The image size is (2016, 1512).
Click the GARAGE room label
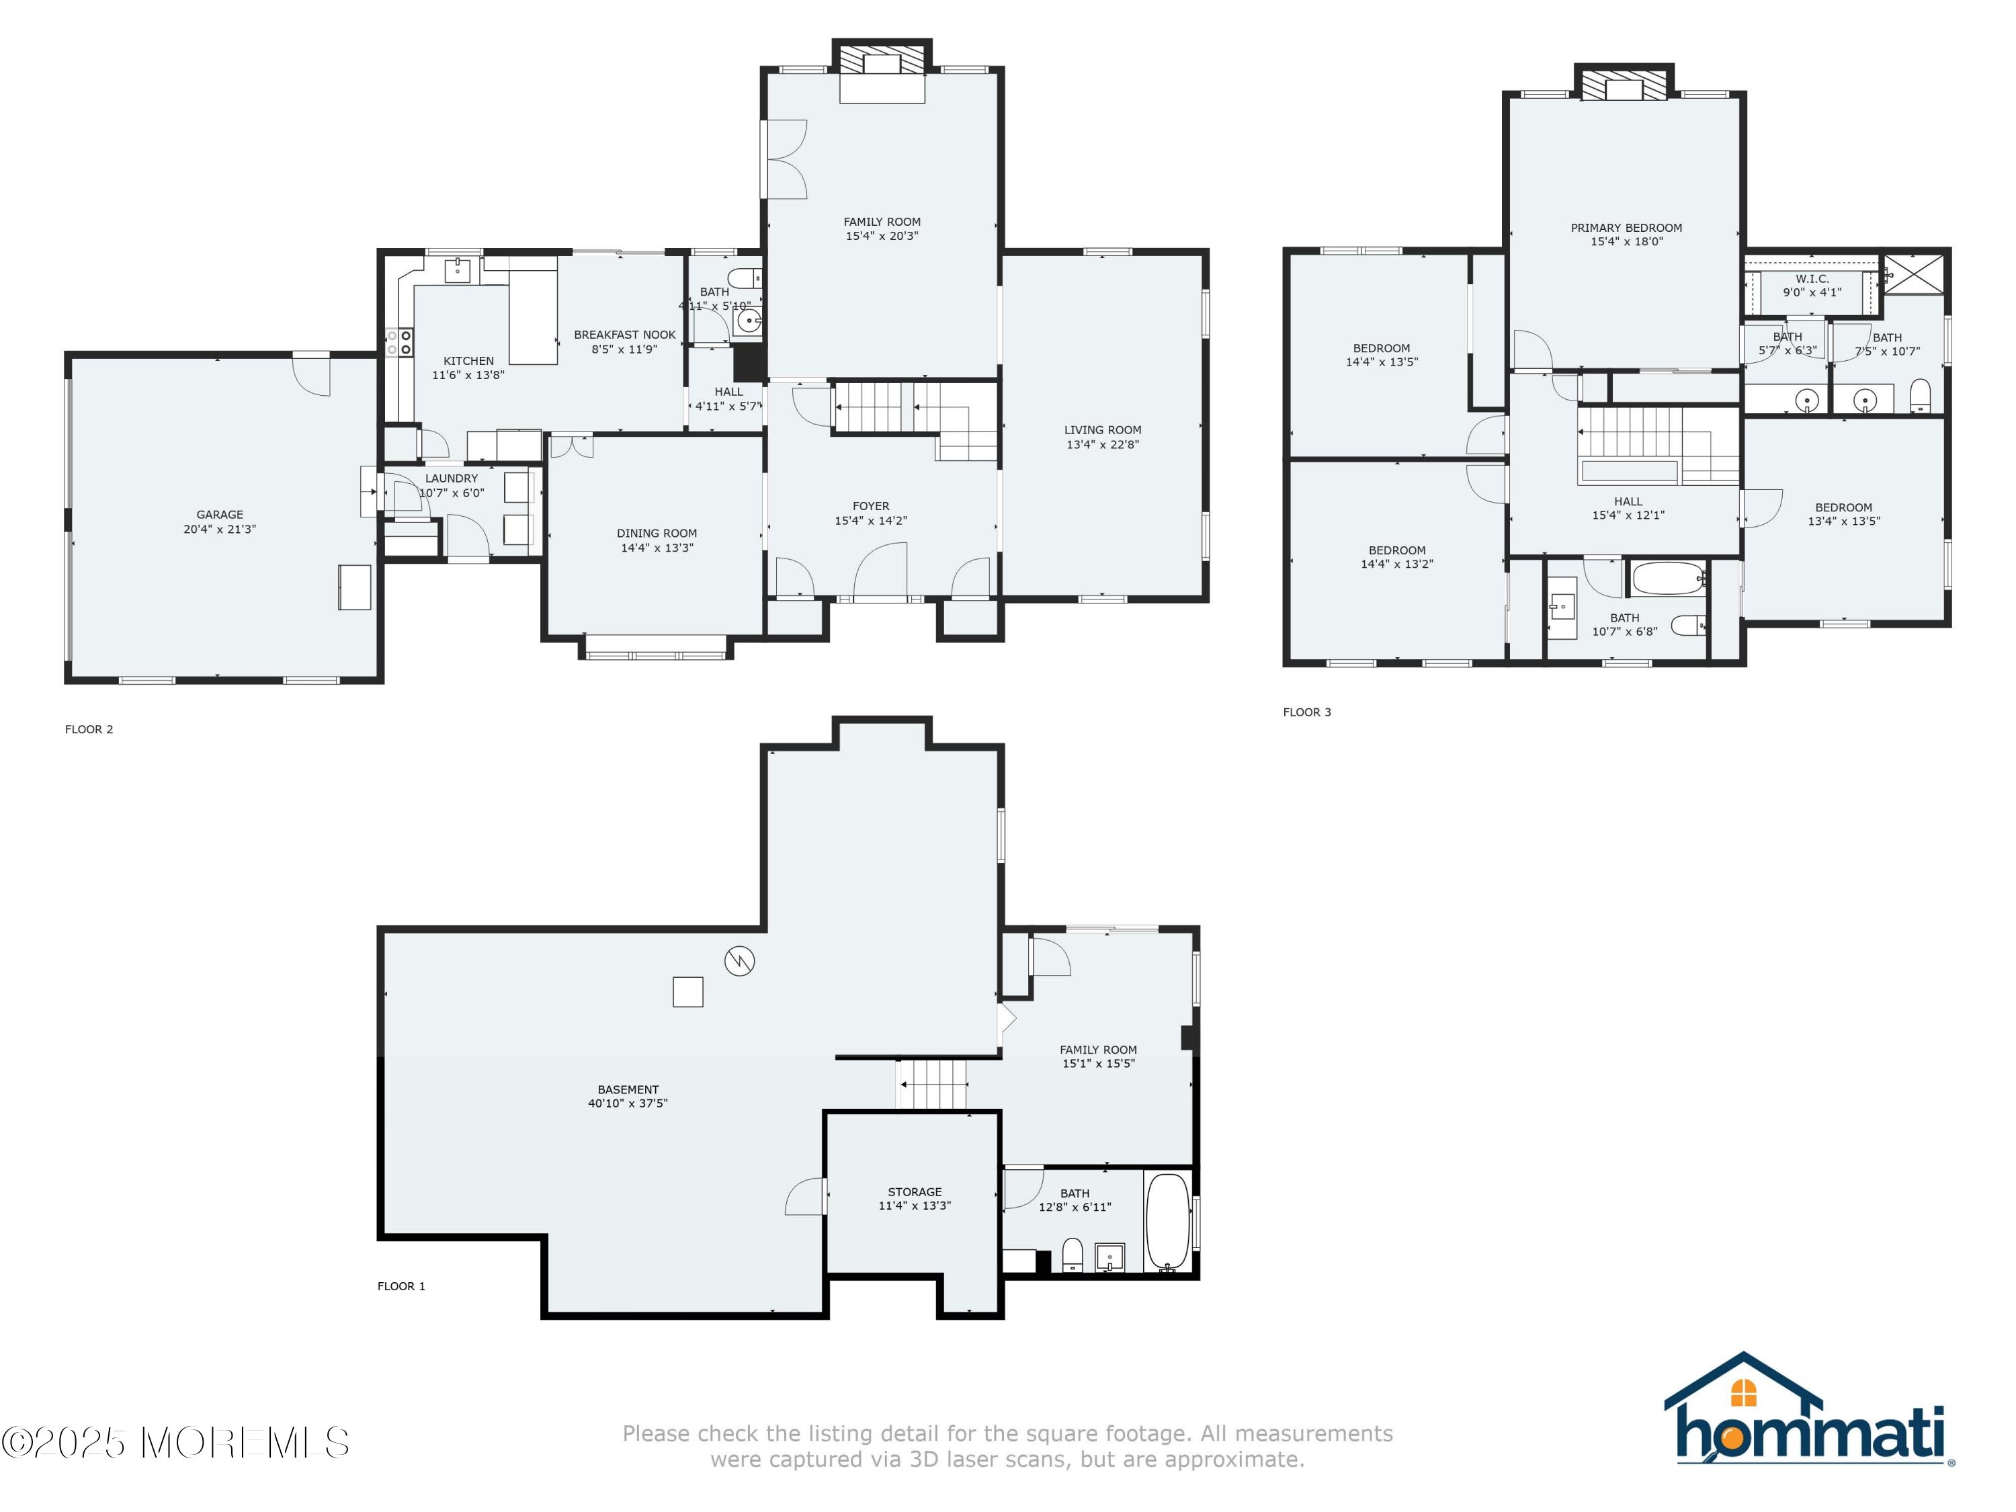click(220, 515)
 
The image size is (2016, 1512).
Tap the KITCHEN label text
click(468, 361)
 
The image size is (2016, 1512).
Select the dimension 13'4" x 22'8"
click(1103, 445)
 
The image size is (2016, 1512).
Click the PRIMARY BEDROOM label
click(1627, 228)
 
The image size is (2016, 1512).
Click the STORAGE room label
click(915, 1192)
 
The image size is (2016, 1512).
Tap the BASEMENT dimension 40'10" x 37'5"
click(628, 1103)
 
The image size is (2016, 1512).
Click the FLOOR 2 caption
click(89, 729)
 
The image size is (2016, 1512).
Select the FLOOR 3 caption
click(1307, 712)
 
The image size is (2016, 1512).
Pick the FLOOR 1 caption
click(401, 1286)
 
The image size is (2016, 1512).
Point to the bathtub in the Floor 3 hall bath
click(1668, 578)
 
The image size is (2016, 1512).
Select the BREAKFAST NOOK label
click(625, 335)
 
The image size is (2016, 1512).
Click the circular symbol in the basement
click(740, 960)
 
